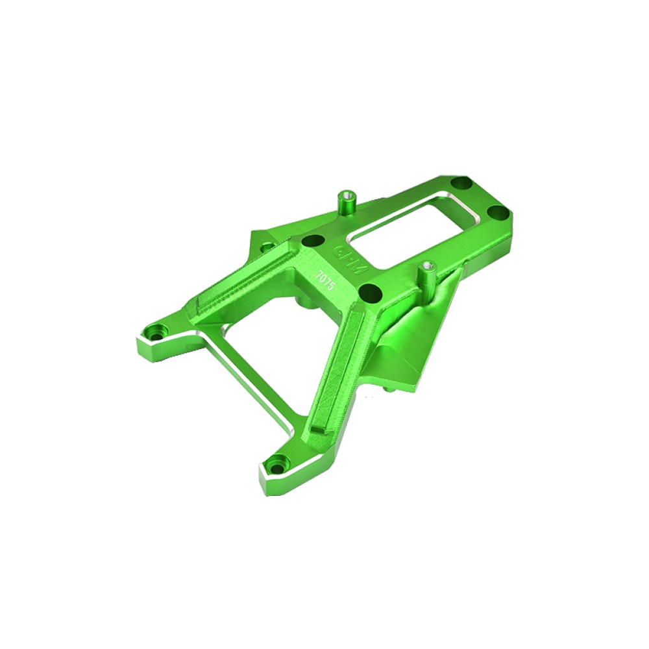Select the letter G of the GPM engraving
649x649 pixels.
(x=339, y=250)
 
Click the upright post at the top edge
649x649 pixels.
(x=346, y=202)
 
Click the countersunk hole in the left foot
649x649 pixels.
(x=157, y=332)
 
